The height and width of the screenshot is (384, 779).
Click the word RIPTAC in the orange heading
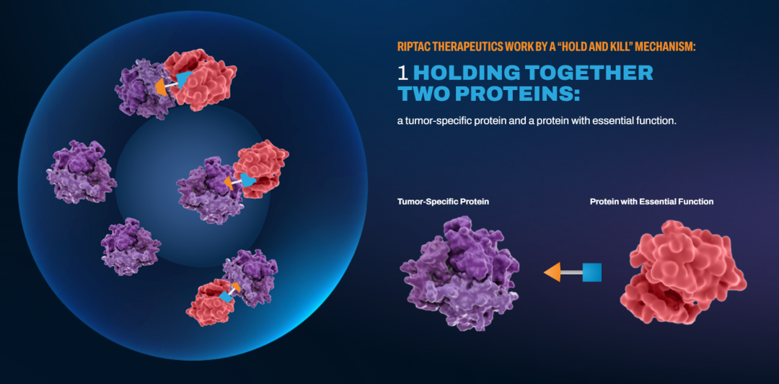click(x=413, y=47)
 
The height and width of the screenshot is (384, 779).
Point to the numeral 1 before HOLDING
click(x=403, y=73)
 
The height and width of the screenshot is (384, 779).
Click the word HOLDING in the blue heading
click(x=467, y=73)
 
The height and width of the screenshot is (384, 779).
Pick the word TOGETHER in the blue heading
click(x=590, y=73)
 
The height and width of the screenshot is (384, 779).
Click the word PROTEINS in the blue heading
click(x=517, y=93)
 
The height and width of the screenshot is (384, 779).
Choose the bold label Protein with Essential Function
click(x=652, y=202)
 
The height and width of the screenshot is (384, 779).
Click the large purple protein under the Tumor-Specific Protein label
click(x=459, y=273)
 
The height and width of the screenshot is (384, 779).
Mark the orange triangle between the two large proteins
click(x=553, y=272)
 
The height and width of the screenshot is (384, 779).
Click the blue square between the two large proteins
click(x=591, y=272)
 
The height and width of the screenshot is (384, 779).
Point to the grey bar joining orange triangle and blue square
click(x=572, y=272)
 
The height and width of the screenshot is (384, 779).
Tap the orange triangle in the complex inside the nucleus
click(x=229, y=182)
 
